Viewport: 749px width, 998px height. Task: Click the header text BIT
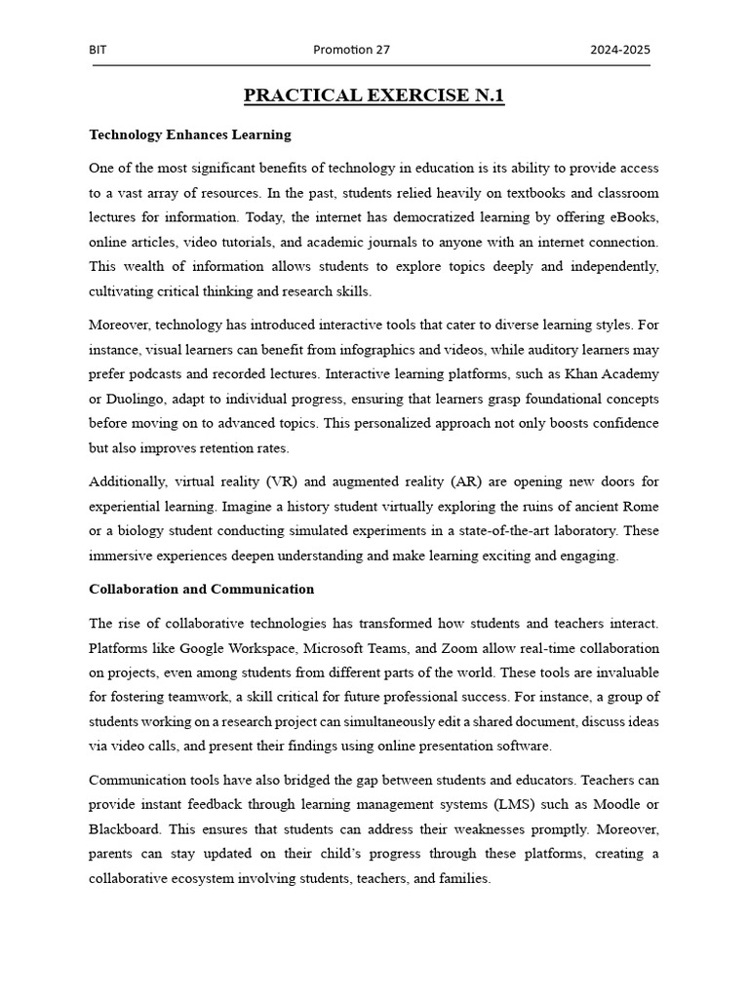click(98, 50)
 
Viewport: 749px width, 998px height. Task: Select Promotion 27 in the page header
click(351, 50)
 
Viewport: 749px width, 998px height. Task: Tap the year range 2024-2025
click(619, 50)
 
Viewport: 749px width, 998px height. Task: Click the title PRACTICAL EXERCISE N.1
click(374, 96)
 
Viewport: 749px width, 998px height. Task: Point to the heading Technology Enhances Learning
click(190, 134)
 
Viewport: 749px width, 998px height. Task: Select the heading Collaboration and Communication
click(202, 589)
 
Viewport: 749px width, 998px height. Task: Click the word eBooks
click(632, 217)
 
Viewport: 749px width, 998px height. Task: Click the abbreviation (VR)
click(283, 481)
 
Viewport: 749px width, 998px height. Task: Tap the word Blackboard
click(123, 828)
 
